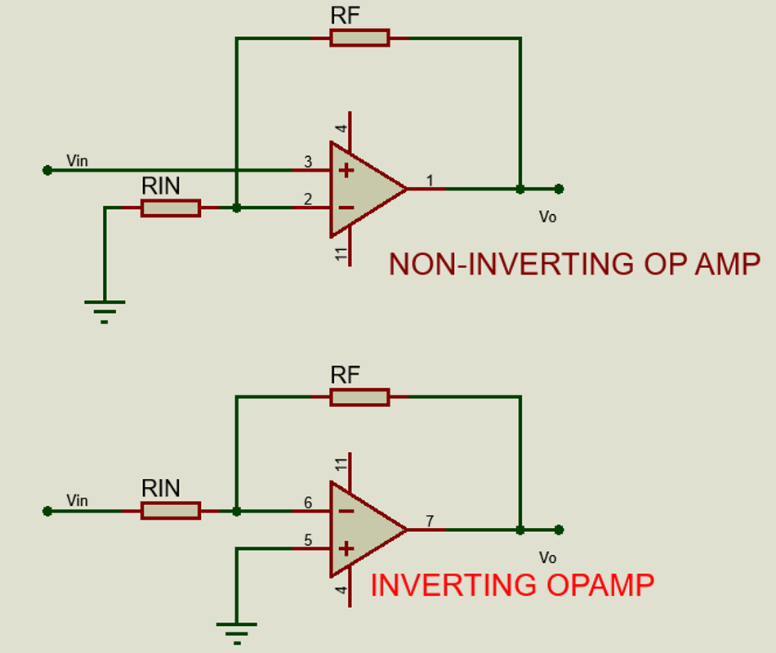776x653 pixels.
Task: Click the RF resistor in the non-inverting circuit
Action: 359,38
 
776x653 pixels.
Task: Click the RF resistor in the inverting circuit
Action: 359,397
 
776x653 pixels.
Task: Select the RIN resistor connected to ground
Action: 170,208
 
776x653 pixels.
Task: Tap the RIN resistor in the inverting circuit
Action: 170,511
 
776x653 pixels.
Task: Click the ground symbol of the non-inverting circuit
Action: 105,309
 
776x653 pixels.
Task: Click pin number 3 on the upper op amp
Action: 308,162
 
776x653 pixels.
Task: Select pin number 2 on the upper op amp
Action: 308,199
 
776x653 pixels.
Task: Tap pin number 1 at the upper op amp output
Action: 430,180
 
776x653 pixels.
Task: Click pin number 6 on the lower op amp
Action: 308,503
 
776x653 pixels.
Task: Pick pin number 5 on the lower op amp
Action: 308,539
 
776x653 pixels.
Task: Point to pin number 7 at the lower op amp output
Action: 430,521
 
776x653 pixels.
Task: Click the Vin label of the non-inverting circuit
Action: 77,160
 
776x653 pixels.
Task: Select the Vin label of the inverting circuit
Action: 77,500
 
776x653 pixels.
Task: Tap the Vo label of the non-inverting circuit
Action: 547,217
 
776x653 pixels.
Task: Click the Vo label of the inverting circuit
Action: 547,557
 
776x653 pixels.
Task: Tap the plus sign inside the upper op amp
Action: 346,171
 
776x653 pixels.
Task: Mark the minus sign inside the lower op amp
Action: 346,512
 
